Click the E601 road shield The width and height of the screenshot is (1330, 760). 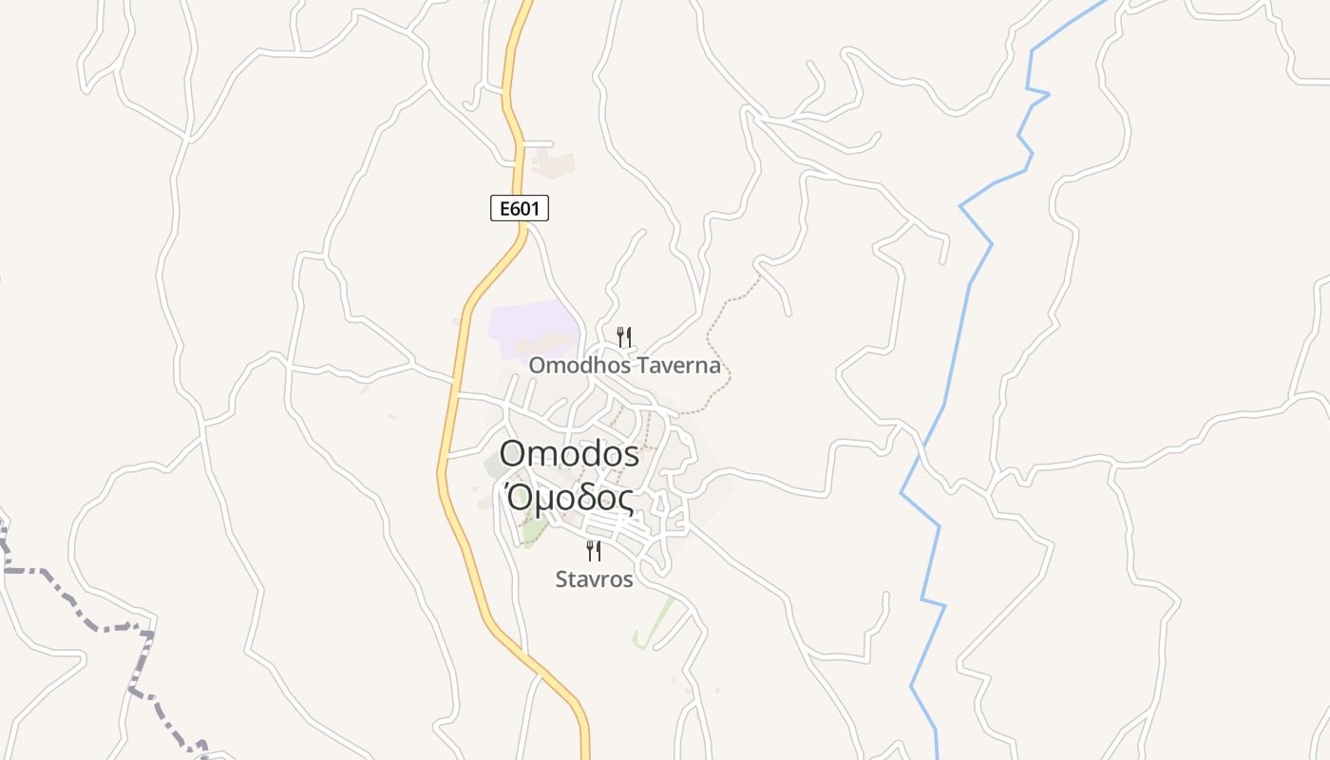[x=520, y=208]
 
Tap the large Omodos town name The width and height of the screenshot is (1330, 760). [x=569, y=454]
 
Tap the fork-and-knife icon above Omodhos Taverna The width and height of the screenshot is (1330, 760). [x=624, y=336]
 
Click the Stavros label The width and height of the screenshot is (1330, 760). [x=594, y=579]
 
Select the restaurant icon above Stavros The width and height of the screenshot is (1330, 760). [x=594, y=551]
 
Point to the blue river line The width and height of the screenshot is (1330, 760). [x=968, y=285]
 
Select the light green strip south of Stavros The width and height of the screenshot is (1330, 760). [x=655, y=622]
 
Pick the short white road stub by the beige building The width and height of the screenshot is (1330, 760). [x=539, y=143]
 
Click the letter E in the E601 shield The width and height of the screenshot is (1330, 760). [x=501, y=208]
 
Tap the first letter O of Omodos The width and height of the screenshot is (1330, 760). [x=512, y=454]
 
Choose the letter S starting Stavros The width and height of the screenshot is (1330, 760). [x=562, y=579]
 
